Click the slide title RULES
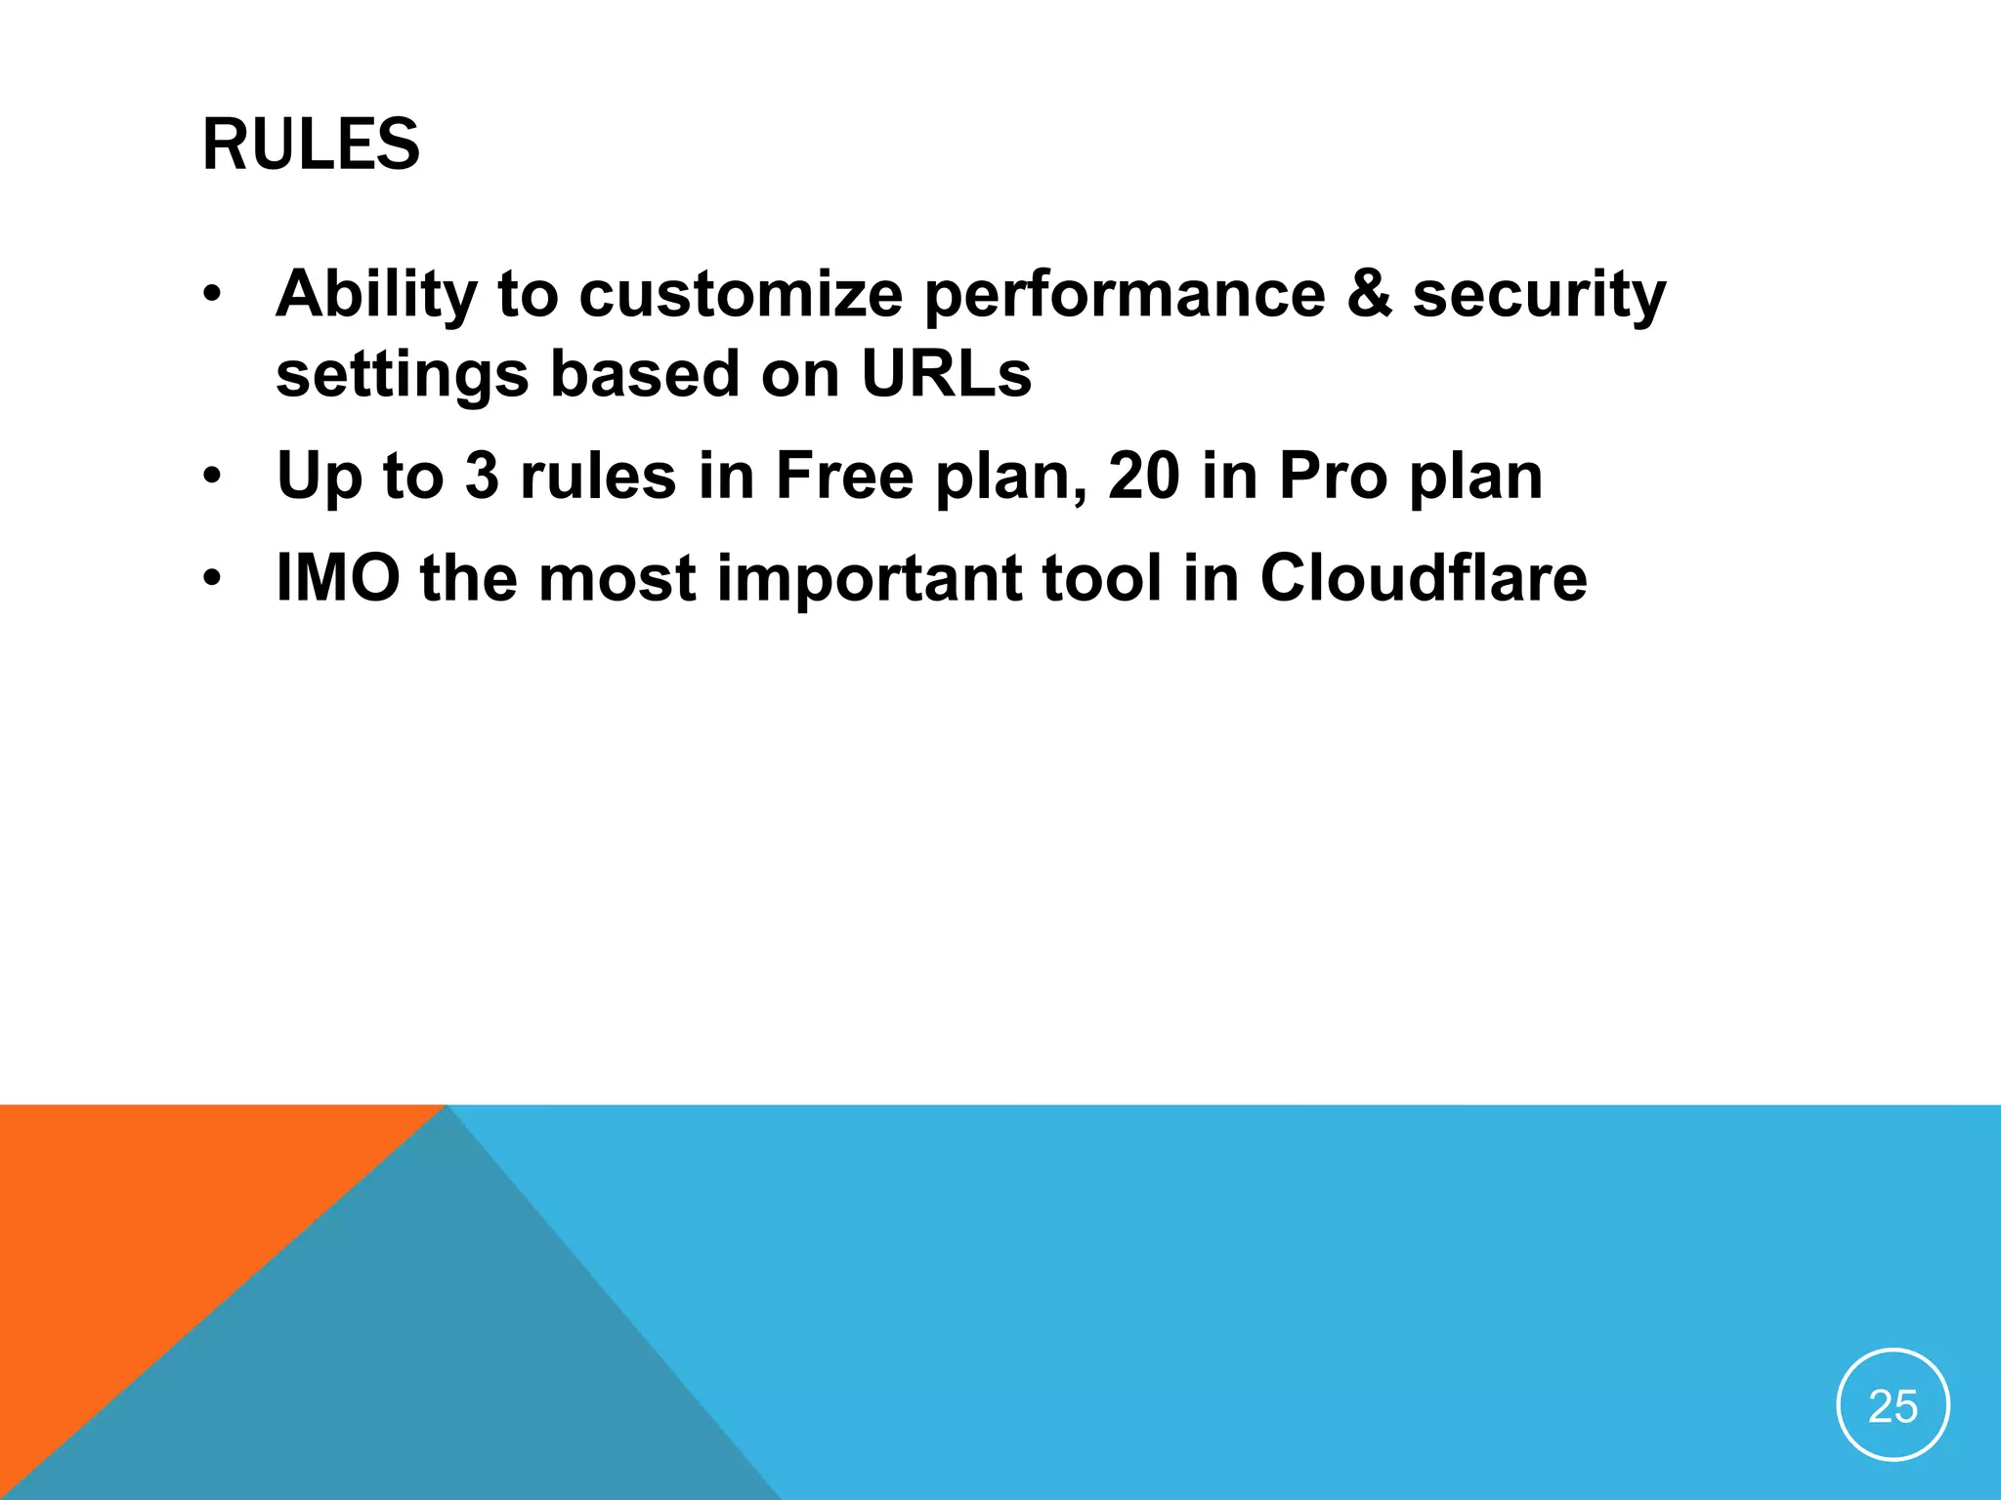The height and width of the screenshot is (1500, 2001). click(x=311, y=145)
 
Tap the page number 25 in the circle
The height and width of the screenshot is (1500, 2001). click(x=1893, y=1407)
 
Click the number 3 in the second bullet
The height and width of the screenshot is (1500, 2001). click(x=482, y=476)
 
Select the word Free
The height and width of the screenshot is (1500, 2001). click(x=844, y=476)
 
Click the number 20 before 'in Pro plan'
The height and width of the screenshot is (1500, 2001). click(x=1144, y=476)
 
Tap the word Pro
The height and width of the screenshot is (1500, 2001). click(x=1333, y=476)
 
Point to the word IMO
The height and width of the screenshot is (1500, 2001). click(x=338, y=577)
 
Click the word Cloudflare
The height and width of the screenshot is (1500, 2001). click(x=1424, y=577)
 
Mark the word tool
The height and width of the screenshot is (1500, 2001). click(x=1101, y=577)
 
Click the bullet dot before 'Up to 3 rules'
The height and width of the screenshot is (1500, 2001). click(x=212, y=478)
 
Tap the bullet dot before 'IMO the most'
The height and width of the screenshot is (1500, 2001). click(x=212, y=579)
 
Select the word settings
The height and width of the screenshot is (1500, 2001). click(x=402, y=375)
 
